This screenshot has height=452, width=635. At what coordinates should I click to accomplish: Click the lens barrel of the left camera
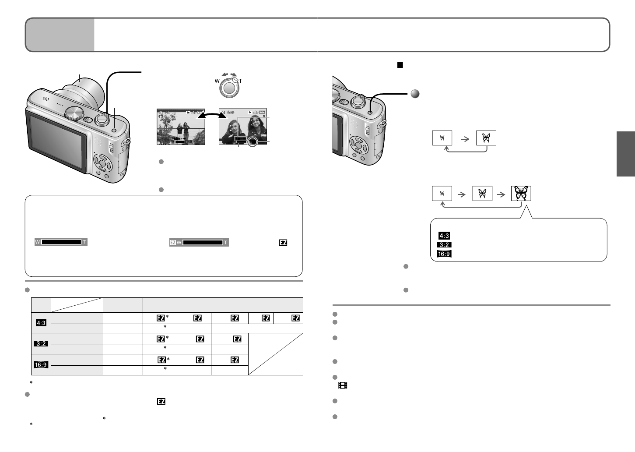point(85,90)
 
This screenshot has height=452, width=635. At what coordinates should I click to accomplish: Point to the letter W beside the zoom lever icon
point(217,81)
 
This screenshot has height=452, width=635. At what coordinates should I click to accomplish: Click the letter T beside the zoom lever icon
point(240,81)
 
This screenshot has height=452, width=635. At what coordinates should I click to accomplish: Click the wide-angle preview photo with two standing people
point(181,126)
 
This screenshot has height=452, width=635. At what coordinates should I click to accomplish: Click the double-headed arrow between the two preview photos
point(211,116)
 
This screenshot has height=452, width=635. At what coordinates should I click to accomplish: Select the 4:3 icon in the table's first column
point(41,323)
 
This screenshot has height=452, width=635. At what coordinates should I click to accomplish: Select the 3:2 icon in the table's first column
point(41,344)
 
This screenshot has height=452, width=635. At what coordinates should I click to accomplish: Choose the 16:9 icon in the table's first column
point(41,364)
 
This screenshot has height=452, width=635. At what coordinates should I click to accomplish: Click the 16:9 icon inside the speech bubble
point(444,254)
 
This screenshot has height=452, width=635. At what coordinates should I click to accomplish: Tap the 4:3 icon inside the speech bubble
point(444,236)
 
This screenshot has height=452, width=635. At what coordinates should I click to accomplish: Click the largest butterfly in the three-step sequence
point(521,193)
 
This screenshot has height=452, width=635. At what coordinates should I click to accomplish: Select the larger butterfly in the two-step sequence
point(486,138)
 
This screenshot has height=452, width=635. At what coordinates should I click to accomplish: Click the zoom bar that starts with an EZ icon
point(199,242)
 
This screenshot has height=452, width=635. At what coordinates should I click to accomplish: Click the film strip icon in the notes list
point(343,385)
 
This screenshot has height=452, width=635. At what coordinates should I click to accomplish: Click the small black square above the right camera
point(399,65)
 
